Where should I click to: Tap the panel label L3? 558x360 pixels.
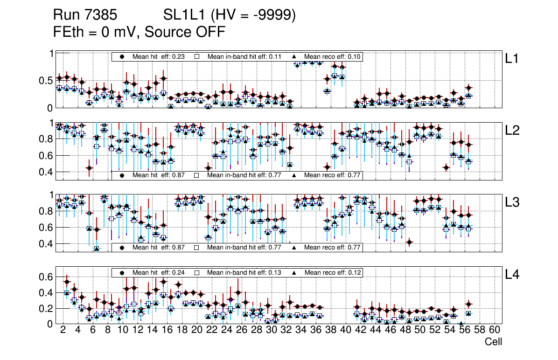coord(513,202)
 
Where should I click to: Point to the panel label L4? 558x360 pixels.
coord(513,274)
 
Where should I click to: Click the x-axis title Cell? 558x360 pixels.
coord(493,342)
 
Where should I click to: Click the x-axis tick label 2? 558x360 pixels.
coord(63,330)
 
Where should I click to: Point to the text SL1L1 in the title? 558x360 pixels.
coord(184,16)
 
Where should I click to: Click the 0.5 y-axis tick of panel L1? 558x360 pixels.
coord(45,81)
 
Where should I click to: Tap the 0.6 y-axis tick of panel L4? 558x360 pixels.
coord(45,277)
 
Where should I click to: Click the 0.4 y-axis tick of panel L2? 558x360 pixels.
coord(45,172)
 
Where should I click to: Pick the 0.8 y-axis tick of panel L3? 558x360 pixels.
coord(45,211)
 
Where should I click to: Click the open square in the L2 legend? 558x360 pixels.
coord(197,175)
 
